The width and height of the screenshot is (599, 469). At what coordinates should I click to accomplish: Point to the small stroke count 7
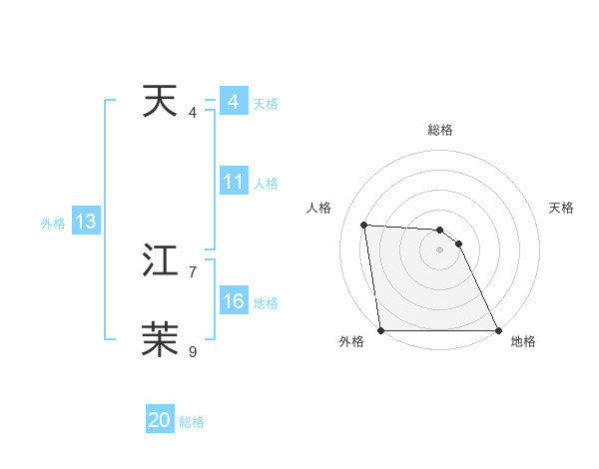pyautogui.click(x=193, y=271)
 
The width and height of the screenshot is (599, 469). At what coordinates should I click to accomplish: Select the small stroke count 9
pyautogui.click(x=193, y=351)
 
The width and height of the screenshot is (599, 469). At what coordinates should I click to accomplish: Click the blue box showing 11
pyautogui.click(x=234, y=182)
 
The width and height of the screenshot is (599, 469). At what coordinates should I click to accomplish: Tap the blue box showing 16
pyautogui.click(x=234, y=301)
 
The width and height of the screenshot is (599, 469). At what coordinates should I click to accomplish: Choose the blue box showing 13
pyautogui.click(x=86, y=222)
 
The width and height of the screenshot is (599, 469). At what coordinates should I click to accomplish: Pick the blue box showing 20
pyautogui.click(x=160, y=420)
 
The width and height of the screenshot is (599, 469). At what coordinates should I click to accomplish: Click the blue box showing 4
pyautogui.click(x=234, y=102)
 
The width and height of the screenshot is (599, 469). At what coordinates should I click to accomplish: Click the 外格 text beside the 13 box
pyautogui.click(x=53, y=224)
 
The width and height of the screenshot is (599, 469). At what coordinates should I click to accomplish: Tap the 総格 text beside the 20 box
pyautogui.click(x=192, y=422)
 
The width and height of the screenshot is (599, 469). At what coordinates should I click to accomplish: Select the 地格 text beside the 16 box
pyautogui.click(x=266, y=303)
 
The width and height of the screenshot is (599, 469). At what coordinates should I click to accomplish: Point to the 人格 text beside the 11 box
pyautogui.click(x=266, y=184)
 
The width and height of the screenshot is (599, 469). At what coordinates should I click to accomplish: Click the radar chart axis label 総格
pyautogui.click(x=440, y=130)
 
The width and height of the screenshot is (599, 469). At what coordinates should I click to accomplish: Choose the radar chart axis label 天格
pyautogui.click(x=562, y=208)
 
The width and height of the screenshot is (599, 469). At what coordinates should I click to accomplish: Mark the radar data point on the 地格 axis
pyautogui.click(x=497, y=330)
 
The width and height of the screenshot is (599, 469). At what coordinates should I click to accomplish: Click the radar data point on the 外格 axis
pyautogui.click(x=381, y=330)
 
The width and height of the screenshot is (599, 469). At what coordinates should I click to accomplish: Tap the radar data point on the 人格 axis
pyautogui.click(x=364, y=225)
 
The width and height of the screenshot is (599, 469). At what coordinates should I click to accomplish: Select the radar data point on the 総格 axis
pyautogui.click(x=440, y=231)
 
